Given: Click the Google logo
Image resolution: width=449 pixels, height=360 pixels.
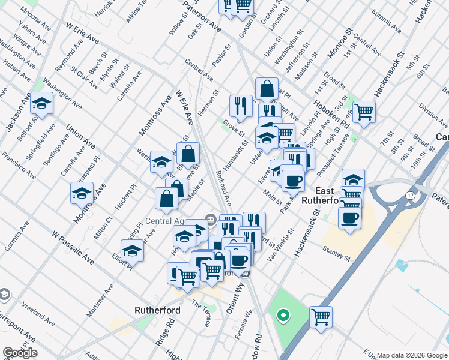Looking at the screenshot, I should [20, 353].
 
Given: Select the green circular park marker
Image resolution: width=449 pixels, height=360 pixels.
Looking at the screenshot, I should [282, 314].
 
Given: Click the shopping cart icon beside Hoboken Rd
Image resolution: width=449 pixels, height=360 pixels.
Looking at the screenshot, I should [364, 111].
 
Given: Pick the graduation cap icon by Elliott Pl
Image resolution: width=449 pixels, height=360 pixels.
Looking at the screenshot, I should [132, 250].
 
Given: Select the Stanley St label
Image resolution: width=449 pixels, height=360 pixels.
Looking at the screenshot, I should [336, 253].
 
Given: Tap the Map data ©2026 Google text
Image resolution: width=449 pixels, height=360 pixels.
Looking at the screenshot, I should [412, 355].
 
